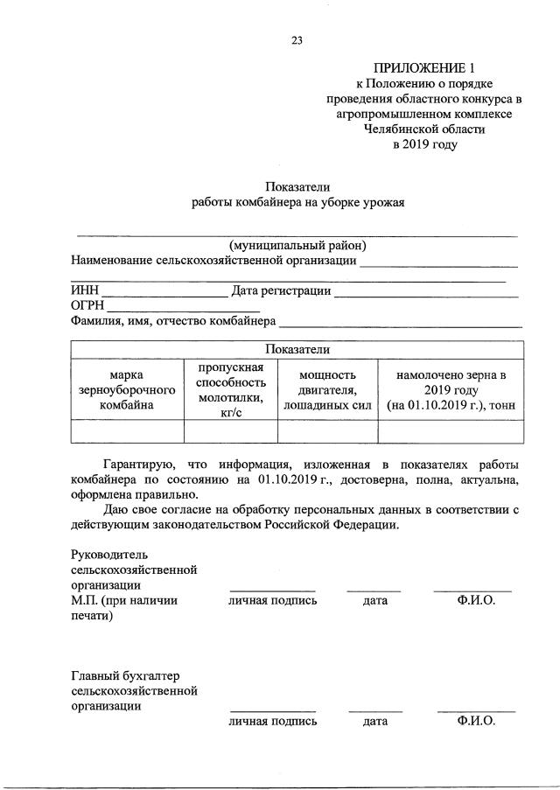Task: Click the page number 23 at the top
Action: pyautogui.click(x=297, y=38)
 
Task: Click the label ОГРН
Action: pyautogui.click(x=87, y=306)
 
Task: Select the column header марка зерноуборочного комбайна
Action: pyautogui.click(x=127, y=389)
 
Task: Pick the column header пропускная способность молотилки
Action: pyautogui.click(x=230, y=389)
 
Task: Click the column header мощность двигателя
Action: pyautogui.click(x=327, y=389)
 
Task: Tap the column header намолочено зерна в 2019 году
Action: pyautogui.click(x=451, y=389)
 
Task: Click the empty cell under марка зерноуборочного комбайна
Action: pyautogui.click(x=127, y=431)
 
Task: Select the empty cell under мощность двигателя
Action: pyautogui.click(x=327, y=431)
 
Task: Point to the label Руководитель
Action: pyautogui.click(x=110, y=555)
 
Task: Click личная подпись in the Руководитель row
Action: pyautogui.click(x=273, y=600)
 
